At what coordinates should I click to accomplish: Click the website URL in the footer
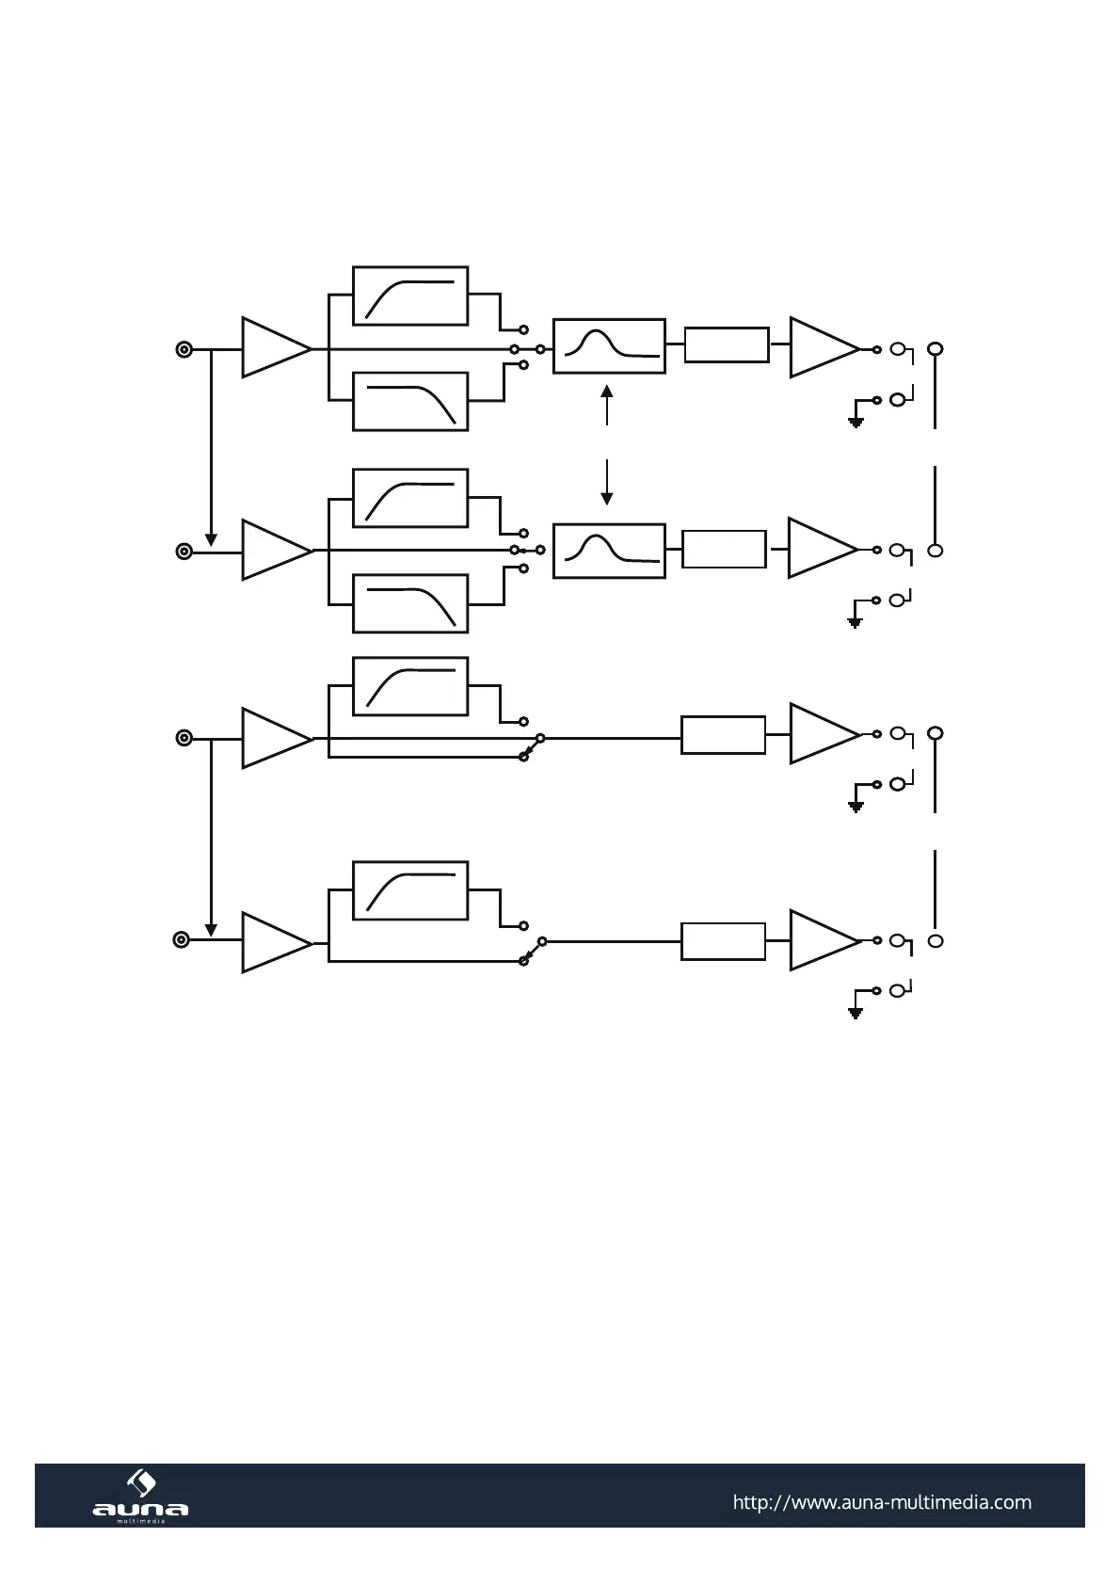coord(881,1502)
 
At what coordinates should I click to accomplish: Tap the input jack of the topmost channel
coord(184,350)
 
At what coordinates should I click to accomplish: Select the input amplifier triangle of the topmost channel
coord(274,348)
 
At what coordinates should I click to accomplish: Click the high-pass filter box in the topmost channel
coord(410,296)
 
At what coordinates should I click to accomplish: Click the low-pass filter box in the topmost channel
coord(410,402)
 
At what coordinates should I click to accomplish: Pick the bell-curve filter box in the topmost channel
coord(609,346)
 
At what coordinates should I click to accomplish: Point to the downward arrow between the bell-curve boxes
coord(607,497)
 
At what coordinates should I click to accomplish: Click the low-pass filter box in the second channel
coord(410,603)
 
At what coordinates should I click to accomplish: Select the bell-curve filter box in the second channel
coord(609,551)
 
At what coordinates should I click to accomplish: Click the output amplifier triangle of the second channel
coord(821,548)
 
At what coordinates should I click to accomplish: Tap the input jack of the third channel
coord(184,738)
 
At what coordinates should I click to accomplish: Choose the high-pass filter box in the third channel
coord(410,687)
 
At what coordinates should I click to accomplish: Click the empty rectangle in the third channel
coord(723,735)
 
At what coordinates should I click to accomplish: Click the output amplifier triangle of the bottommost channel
coord(822,939)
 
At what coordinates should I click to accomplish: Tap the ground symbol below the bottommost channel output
coord(856,1013)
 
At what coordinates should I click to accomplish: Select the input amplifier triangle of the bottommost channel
coord(274,941)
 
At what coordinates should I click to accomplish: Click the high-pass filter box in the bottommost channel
coord(410,890)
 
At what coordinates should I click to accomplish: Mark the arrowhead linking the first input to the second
coord(212,539)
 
